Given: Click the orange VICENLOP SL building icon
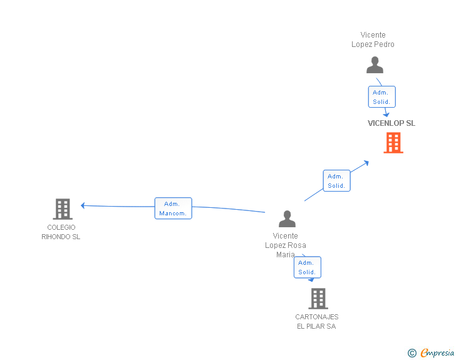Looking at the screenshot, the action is pos(393,143).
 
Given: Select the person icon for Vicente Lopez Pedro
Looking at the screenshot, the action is pos(375,65).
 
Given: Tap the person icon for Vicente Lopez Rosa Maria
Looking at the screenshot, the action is pos(287,219).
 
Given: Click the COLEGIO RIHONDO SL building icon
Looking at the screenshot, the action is pos(63,208).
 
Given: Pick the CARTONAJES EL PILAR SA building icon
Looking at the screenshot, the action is pos(318,299).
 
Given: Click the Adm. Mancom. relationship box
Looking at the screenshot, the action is pos(173,208).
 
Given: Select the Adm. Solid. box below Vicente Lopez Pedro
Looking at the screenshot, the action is pos(381,97).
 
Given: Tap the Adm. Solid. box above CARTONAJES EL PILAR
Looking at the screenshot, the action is pos(307,267).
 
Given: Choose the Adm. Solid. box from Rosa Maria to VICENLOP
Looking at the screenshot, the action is pos(336,181).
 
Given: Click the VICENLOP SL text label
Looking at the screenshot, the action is pos(391,123).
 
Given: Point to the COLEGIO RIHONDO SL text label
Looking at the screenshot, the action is pos(61,232).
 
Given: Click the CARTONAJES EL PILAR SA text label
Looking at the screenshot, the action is pos(317,322).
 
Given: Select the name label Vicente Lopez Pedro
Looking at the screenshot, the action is pos(373,40).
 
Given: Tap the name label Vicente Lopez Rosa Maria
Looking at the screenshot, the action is pos(286,245).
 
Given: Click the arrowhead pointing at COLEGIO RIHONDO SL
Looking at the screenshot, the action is pos(83,205).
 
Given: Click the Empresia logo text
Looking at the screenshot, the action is pos(437,353).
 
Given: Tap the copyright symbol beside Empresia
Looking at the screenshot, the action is pos(412,353).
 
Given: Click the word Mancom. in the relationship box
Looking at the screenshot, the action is pos(173,213).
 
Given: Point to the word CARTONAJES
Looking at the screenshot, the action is pos(317,317).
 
